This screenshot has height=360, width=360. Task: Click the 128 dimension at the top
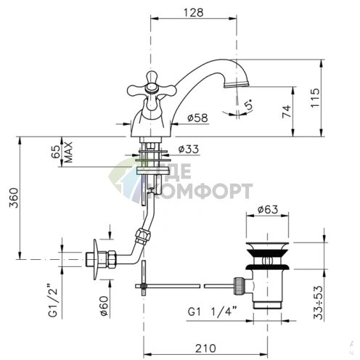point(194,12)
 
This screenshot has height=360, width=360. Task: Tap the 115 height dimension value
point(315,98)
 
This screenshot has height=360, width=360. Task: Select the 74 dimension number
point(287,111)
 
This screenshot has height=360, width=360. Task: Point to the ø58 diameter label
point(197,118)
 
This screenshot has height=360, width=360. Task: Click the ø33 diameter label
point(189,149)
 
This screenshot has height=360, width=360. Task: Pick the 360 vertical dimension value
point(14,198)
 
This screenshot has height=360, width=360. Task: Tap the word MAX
point(69,152)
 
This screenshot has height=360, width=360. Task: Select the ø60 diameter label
point(104,306)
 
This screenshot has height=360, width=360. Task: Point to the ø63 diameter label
point(268,210)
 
